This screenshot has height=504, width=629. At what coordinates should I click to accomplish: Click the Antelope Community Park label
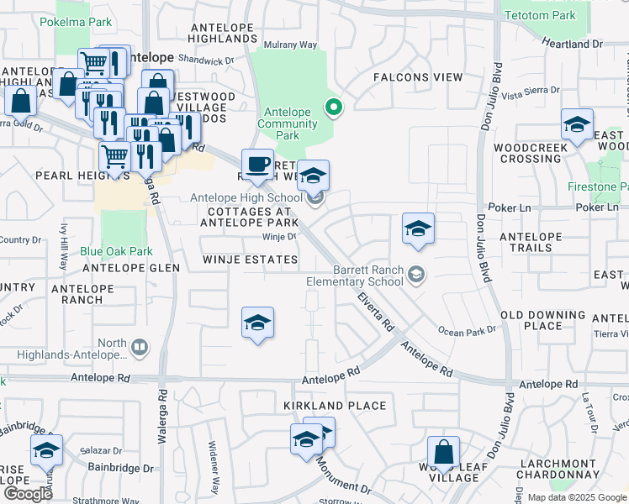tap(288, 123)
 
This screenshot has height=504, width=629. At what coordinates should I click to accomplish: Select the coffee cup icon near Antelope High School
tap(257, 164)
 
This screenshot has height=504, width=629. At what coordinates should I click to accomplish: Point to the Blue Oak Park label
tap(116, 250)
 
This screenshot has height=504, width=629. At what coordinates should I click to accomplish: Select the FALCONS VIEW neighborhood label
tap(418, 77)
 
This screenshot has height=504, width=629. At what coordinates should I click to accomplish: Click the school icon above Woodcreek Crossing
tap(577, 125)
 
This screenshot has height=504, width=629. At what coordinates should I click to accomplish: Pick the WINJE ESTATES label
tap(250, 260)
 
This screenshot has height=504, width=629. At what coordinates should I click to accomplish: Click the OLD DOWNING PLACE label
tap(543, 320)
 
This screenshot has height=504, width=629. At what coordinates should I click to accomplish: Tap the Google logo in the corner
tap(28, 494)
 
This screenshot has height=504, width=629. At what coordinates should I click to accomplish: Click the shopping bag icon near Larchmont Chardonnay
tap(443, 454)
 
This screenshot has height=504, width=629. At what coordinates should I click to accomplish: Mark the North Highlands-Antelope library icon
tap(140, 346)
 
